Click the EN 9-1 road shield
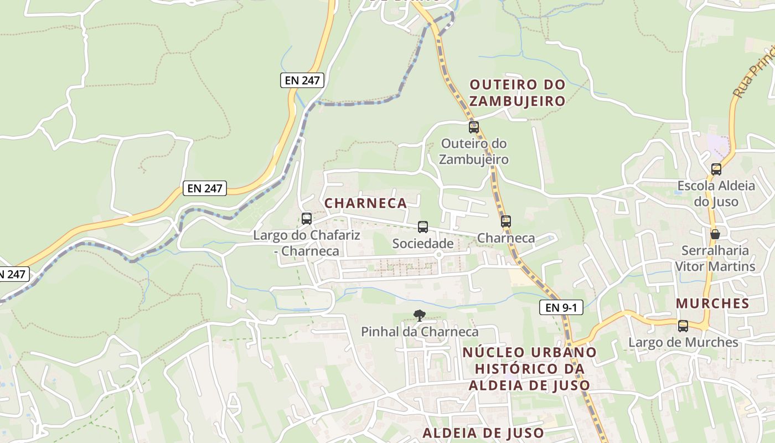561,307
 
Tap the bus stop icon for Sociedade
423,226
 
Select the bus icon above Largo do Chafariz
307,218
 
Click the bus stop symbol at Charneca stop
506,221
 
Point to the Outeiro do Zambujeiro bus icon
474,127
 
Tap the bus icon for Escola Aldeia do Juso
716,169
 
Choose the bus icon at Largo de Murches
683,326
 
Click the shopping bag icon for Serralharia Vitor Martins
715,234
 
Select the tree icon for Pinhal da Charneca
420,316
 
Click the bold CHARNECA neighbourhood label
365,203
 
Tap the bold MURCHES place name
712,303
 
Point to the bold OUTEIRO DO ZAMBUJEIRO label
517,93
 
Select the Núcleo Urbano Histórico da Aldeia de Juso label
529,368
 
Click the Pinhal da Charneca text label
420,332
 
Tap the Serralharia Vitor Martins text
715,259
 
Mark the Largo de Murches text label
683,342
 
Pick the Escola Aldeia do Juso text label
716,193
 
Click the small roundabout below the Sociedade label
438,255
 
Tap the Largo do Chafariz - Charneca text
307,243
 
